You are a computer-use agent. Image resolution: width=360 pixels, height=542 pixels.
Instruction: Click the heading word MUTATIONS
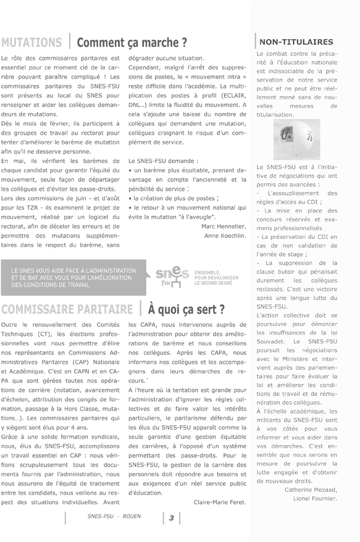click(x=31, y=43)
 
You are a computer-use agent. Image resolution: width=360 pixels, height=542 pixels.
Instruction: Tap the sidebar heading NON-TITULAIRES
click(x=296, y=42)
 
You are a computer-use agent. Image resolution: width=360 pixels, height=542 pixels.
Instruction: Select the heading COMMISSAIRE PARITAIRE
click(x=67, y=309)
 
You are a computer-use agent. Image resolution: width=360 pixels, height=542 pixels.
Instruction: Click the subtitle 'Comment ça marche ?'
click(x=132, y=43)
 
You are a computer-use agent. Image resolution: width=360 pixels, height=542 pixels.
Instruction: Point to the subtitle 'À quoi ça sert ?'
click(x=186, y=309)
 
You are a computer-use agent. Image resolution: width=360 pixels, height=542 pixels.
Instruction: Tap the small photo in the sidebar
click(x=296, y=140)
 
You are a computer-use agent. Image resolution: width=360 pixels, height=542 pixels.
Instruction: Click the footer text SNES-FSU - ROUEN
click(x=114, y=516)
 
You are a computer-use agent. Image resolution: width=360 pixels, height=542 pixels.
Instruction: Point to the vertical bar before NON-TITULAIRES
click(x=255, y=42)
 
